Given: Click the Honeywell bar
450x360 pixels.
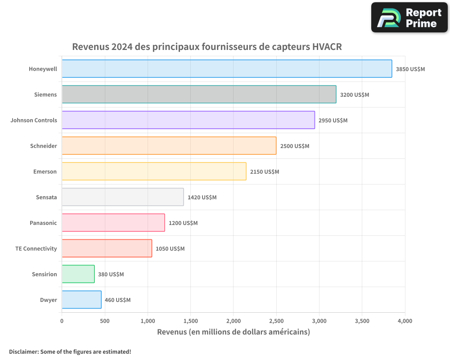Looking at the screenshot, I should [x=227, y=69].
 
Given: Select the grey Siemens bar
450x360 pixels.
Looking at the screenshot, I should [x=199, y=94].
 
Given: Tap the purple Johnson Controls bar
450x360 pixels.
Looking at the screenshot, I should [x=188, y=120].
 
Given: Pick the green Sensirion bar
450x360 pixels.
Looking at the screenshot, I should [x=78, y=274].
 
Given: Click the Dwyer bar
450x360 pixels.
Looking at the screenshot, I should [x=81, y=300].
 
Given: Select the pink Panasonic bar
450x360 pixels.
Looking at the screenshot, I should [x=113, y=223].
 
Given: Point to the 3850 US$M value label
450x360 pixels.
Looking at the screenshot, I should [x=410, y=69].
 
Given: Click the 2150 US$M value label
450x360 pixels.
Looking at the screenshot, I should [x=264, y=172].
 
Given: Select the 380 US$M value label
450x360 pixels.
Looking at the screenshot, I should [x=111, y=274].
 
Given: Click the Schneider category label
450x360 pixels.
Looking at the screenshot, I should [x=43, y=146].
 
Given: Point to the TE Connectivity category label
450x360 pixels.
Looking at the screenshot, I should [x=36, y=248].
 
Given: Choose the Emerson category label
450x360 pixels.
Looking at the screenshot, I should [x=45, y=171].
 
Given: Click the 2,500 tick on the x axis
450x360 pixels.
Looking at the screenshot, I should [x=276, y=321].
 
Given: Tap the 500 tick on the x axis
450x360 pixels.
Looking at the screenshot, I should [x=104, y=321].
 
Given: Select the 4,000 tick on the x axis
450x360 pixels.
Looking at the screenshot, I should [x=405, y=321].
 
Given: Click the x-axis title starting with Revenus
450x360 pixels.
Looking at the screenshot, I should [x=233, y=332].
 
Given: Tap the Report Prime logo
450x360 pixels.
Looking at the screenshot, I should [x=409, y=18].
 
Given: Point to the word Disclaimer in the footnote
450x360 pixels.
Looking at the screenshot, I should [x=23, y=351].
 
